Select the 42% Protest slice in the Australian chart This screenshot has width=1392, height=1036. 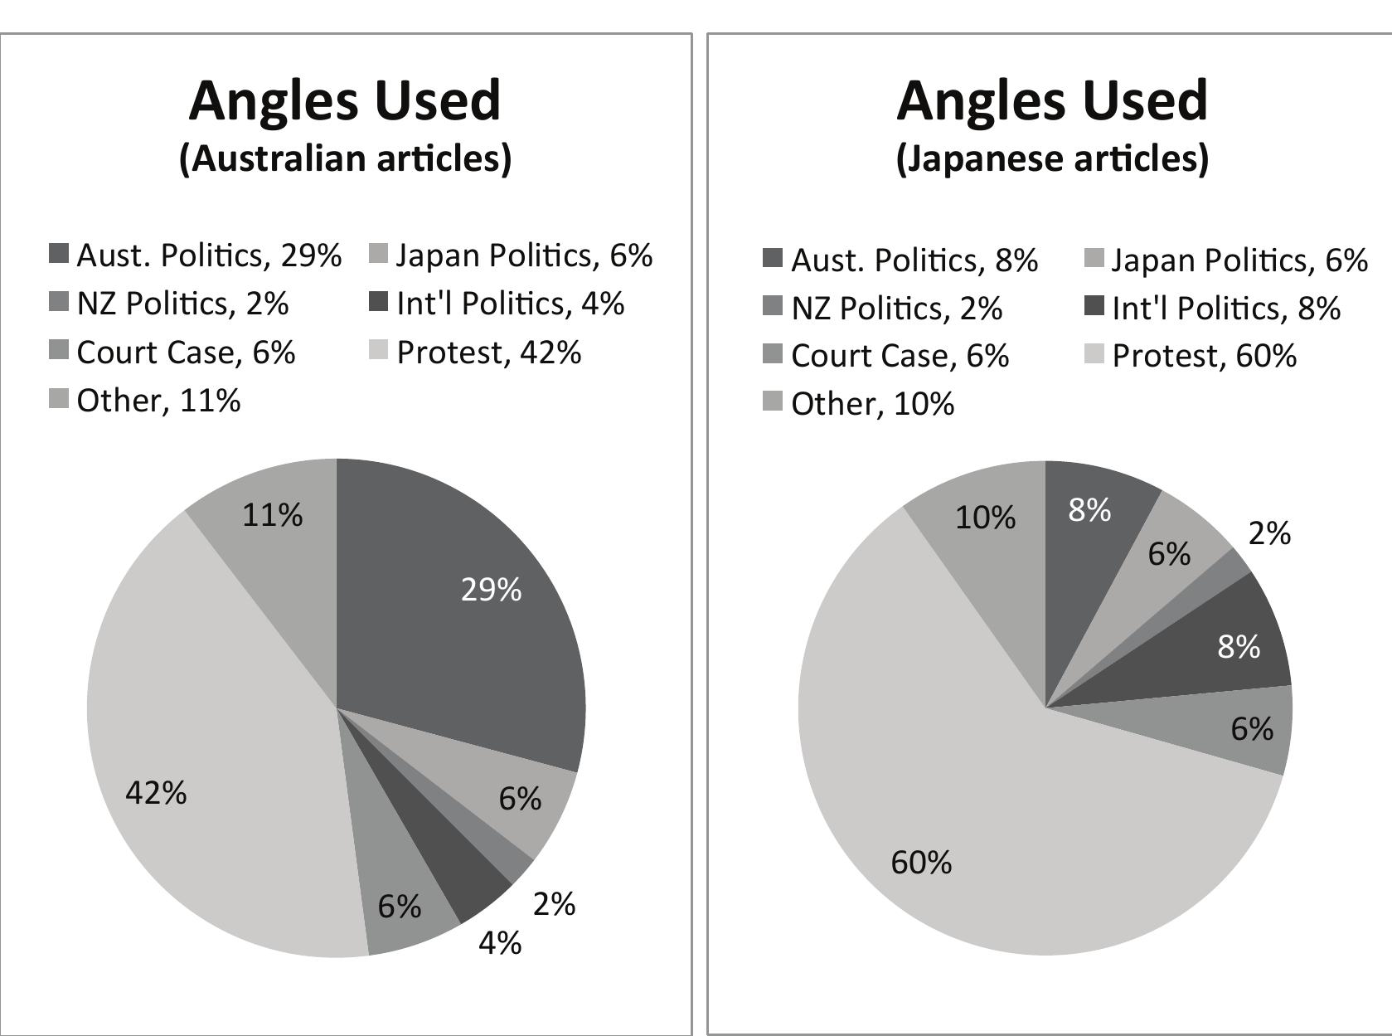coord(207,747)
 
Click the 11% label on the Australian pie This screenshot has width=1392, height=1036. coord(273,516)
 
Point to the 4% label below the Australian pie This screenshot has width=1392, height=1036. coord(500,943)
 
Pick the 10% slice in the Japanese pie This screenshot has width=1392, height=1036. coord(987,518)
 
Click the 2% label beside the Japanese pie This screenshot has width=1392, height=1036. coord(1269,534)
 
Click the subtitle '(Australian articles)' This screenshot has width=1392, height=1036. coord(345,158)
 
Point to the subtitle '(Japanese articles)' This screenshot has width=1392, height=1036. coord(1052,158)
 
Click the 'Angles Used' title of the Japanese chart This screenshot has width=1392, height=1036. coord(1052,100)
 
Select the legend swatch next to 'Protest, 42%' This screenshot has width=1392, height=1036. coord(378,351)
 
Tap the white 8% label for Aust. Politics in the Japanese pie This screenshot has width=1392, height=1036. coord(1089,510)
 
